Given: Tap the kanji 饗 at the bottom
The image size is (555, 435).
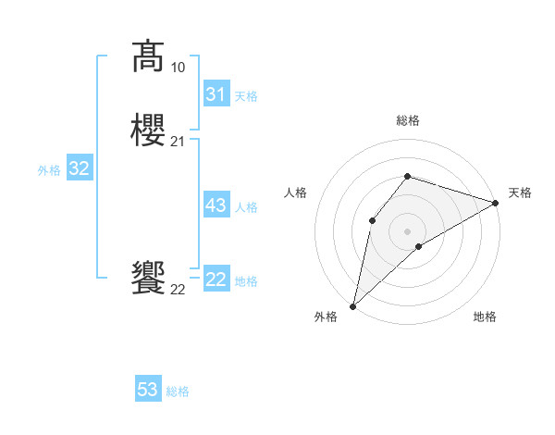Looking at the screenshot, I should pos(148,278).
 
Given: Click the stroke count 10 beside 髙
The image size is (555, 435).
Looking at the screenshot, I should pos(178,68).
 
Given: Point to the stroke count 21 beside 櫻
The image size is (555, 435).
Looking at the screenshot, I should pos(178,142).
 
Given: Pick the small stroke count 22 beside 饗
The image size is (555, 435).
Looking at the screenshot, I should pos(178,290).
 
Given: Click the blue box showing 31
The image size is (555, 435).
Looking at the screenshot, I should pos(216,94).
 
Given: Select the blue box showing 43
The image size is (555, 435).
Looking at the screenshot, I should pos(216,205).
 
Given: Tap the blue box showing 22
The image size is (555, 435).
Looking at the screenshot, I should pos(216,280).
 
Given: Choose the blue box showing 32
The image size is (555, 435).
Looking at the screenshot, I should pos(79,168).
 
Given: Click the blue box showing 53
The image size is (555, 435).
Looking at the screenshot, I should pos(148,390).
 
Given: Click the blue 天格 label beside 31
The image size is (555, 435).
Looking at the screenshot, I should pos(246,96).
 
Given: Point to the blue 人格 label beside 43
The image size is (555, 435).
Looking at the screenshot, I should pos(246,207).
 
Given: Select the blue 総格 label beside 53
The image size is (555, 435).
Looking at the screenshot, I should pos(178,391).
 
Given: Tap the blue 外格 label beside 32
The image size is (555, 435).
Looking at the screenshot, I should pos(49,170).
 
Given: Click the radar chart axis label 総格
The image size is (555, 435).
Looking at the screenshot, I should pos(407,120).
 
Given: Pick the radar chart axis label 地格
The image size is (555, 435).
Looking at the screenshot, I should pos(485,317).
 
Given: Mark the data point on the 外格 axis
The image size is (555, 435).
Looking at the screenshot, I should pos(352,305).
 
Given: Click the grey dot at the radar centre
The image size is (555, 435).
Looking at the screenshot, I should pos(407,230).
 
